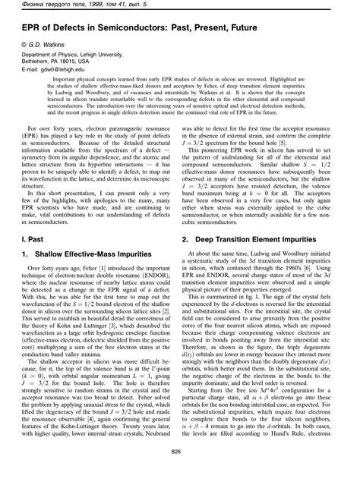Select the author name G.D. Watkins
click(45, 46)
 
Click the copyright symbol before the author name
click(24, 46)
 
